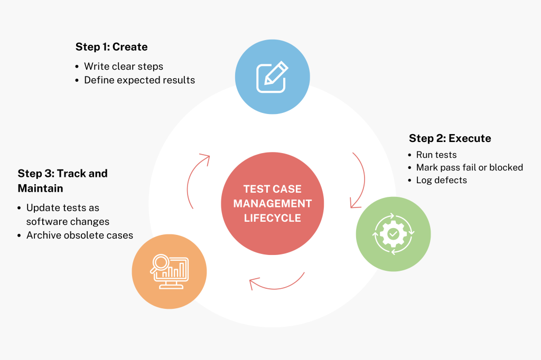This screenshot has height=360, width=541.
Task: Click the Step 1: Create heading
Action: pos(111,47)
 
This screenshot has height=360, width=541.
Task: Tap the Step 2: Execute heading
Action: pos(450,138)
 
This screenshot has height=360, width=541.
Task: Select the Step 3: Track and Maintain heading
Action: pos(62,181)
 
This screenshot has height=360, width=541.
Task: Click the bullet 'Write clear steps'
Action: pos(124,67)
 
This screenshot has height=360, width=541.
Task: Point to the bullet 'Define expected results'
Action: pos(139,80)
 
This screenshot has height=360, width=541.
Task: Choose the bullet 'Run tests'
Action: pos(436,155)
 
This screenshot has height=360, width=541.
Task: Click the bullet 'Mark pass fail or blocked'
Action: pos(469,167)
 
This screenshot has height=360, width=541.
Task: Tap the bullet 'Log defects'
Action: pos(442,180)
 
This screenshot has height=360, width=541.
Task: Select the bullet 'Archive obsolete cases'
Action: pos(79,235)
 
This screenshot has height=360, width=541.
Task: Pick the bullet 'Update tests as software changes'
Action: pos(68,215)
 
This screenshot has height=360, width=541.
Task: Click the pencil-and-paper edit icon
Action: pos(272,77)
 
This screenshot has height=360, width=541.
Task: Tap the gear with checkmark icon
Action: pos(393,234)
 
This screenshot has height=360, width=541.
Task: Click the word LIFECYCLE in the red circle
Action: pos(272,217)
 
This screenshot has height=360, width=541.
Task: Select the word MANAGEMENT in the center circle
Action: pos(272,203)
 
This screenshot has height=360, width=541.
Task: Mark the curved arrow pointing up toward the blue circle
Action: pos(195,174)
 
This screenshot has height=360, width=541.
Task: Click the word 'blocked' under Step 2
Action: pos(506,167)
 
